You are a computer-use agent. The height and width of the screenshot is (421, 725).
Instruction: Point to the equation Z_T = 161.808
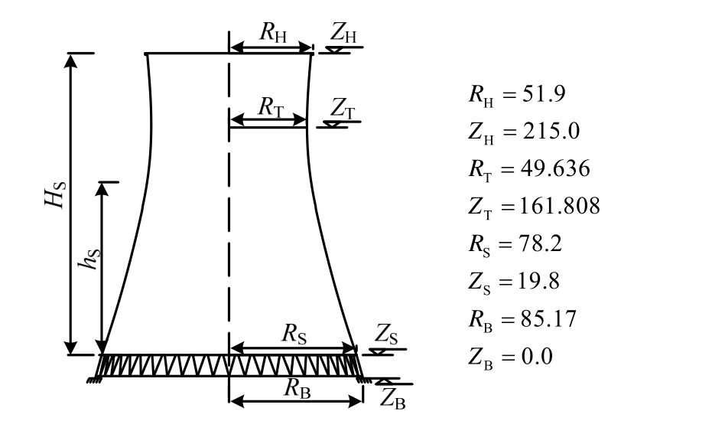tap(534, 207)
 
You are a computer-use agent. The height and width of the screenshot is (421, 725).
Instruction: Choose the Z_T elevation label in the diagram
tap(341, 106)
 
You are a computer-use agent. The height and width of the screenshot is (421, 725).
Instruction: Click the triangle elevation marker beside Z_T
tap(334, 123)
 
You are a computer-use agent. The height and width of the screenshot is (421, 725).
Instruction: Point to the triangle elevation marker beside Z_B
tap(387, 380)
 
